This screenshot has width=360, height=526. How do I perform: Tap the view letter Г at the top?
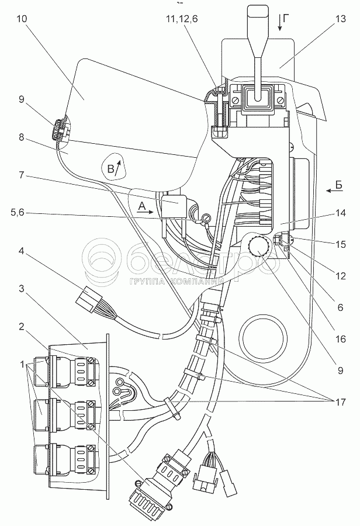[285, 20]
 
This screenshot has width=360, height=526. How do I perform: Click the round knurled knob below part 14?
[258, 248]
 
